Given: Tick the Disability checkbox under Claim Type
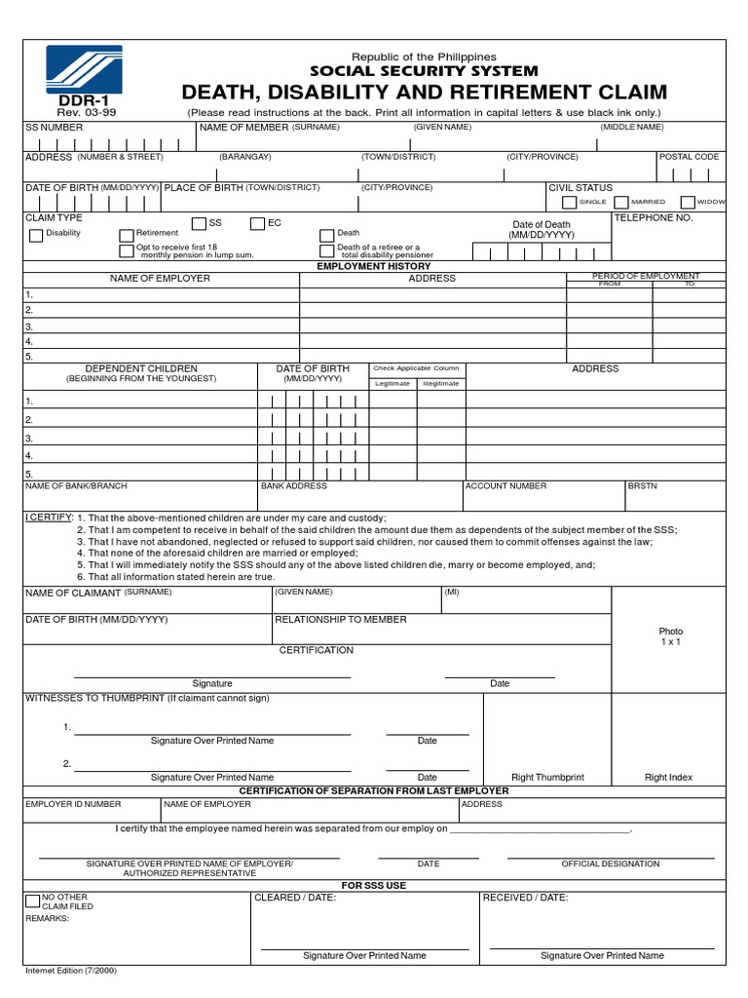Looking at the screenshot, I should click(36, 235).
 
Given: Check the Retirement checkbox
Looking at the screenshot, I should click(127, 235).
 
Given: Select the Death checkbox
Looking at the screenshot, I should click(326, 235).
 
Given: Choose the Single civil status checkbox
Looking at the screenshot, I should click(570, 203).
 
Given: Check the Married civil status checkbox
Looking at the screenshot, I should click(622, 203).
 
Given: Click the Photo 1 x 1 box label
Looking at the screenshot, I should click(670, 636).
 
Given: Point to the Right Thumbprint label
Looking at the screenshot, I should click(547, 778).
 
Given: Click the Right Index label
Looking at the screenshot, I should click(668, 778).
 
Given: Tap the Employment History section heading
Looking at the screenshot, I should click(374, 266).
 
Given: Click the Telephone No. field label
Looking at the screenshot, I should click(654, 218).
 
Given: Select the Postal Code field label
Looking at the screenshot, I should click(689, 157).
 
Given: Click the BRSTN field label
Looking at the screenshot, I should click(642, 485).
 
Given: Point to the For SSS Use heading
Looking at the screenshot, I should click(373, 885).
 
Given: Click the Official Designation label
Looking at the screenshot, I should click(610, 864).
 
